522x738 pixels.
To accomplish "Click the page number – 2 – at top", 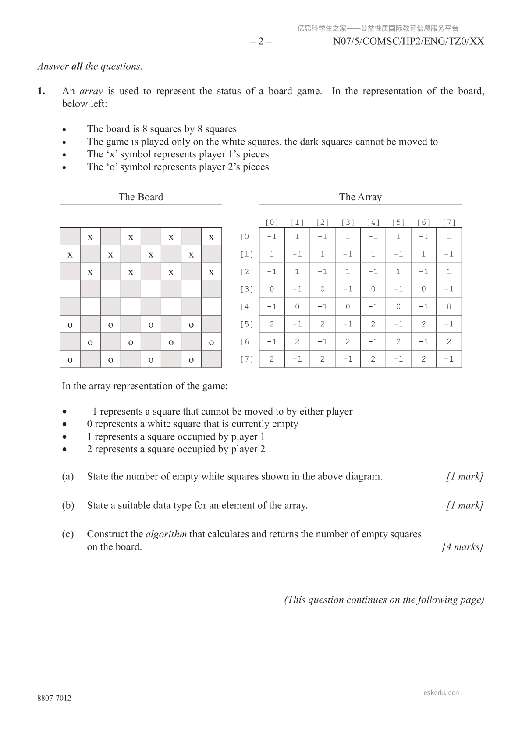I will click(x=261, y=42).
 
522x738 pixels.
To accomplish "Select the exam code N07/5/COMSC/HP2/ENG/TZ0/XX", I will click(x=408, y=42).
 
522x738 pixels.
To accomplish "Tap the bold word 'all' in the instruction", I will click(x=77, y=67).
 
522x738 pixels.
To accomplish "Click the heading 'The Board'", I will click(x=141, y=197).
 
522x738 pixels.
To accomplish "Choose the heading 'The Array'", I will click(x=360, y=197).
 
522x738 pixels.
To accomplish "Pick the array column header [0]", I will click(x=272, y=222).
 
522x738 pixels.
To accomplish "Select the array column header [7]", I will click(x=449, y=222).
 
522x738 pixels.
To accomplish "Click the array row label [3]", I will click(x=247, y=289).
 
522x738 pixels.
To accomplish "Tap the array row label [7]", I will click(x=247, y=359).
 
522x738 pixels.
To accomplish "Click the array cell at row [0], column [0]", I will click(x=272, y=237).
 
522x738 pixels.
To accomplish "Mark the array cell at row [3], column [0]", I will click(x=272, y=289).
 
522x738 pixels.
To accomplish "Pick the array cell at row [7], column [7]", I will click(x=449, y=359).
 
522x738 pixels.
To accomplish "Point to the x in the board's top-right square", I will click(x=211, y=237).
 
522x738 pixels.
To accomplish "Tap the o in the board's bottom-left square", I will click(x=70, y=360).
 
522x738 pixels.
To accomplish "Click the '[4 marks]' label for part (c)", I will click(x=463, y=547).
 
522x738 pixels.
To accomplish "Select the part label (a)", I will click(x=68, y=476).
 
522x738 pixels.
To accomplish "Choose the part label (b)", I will click(x=68, y=505).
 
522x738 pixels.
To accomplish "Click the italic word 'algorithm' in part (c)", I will click(x=166, y=534).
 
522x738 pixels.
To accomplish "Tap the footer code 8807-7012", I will click(x=54, y=698).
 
